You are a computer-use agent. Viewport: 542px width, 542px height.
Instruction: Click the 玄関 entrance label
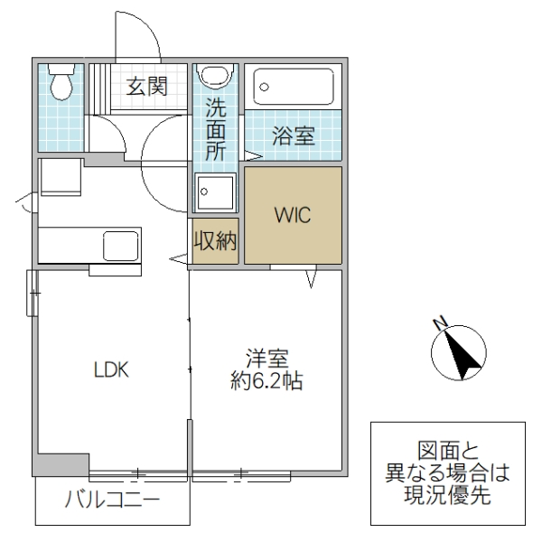pyautogui.click(x=145, y=87)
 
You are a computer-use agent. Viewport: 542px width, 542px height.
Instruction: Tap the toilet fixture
pyautogui.click(x=61, y=84)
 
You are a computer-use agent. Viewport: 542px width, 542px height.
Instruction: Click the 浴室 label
pyautogui.click(x=294, y=137)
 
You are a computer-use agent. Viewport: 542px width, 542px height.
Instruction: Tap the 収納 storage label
pyautogui.click(x=215, y=241)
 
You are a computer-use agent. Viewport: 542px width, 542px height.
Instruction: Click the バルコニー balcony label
pyautogui.click(x=112, y=500)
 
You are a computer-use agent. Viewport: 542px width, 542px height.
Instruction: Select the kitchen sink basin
pyautogui.click(x=120, y=245)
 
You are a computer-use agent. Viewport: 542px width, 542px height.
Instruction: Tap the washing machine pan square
pyautogui.click(x=215, y=191)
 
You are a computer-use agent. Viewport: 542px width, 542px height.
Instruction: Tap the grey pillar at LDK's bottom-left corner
pyautogui.click(x=61, y=463)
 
